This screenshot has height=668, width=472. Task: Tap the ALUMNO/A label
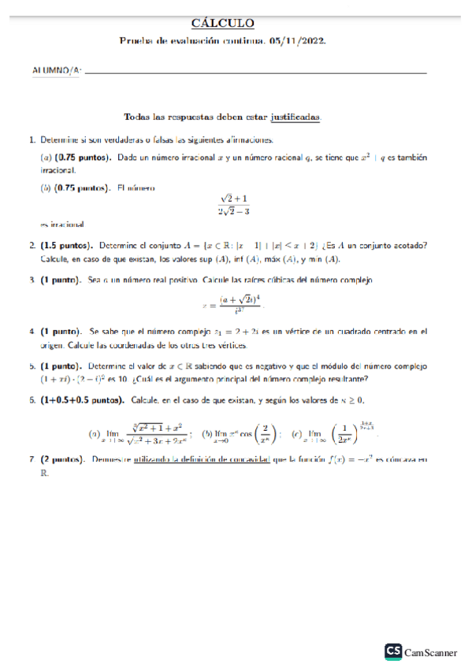point(55,71)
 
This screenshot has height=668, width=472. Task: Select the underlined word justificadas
point(295,116)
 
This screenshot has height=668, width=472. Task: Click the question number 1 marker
point(32,139)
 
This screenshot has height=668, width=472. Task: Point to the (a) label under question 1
point(46,158)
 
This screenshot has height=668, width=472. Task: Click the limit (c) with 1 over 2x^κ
point(330,432)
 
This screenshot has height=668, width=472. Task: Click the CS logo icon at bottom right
point(393,651)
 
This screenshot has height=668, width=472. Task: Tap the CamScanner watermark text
point(431,652)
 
